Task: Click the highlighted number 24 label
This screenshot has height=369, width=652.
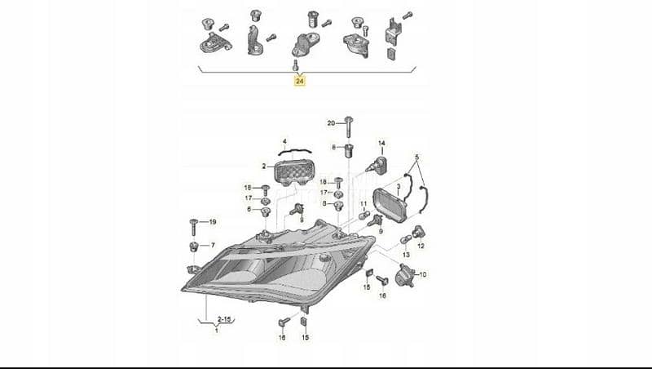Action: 299,81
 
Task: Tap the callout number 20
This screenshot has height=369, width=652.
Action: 331,122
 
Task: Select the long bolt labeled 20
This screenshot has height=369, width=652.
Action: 348,127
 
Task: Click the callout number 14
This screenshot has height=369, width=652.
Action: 381,143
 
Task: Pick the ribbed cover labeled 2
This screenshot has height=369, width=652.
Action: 294,172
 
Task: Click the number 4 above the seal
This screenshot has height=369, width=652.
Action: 284,142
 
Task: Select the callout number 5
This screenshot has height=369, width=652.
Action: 416,158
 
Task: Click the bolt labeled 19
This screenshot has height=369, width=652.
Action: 193,227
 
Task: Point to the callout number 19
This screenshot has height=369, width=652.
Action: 213,222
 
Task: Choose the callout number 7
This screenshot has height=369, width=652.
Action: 213,246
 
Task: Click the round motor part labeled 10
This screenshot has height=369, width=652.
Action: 404,275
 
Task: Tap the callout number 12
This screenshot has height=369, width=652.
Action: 421,247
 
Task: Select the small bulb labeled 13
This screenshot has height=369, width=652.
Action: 405,240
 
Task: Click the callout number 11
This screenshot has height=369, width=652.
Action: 363,204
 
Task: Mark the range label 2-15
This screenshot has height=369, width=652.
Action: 223,319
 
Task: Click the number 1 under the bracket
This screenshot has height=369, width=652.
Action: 216,331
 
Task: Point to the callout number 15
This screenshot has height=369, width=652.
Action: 305,337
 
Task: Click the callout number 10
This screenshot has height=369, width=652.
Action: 422,275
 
